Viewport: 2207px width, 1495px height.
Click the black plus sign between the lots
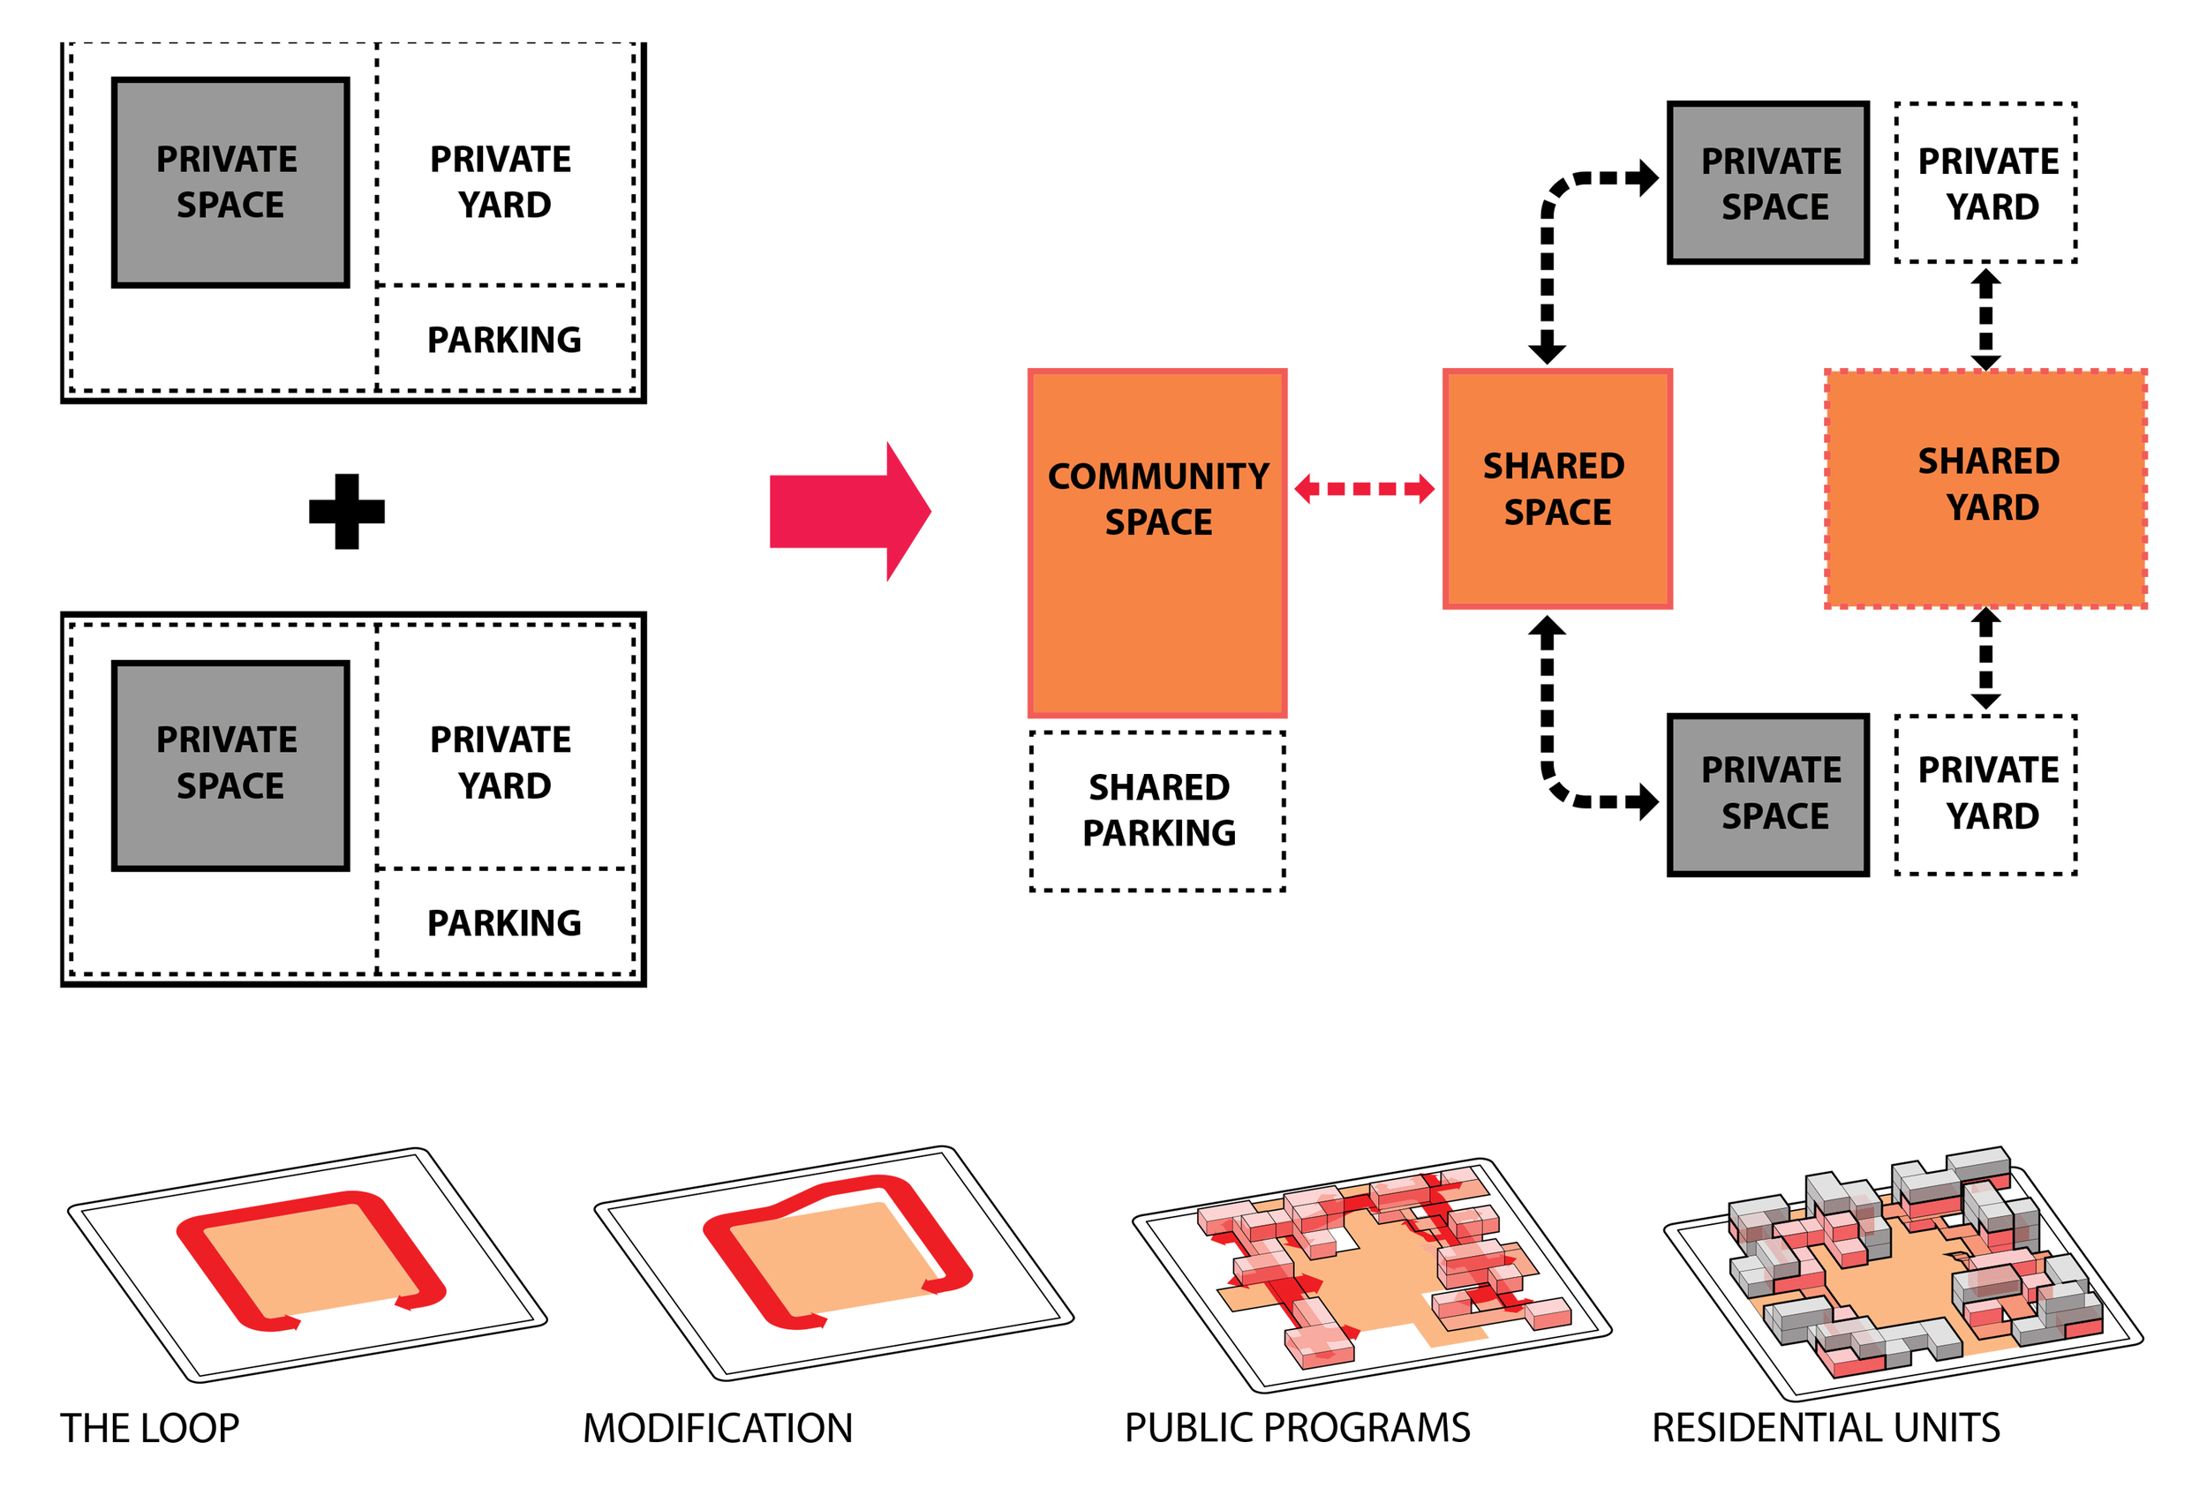[347, 512]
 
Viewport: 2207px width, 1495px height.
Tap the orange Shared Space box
[1556, 489]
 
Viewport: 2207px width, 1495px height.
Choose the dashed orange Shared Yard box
[1985, 489]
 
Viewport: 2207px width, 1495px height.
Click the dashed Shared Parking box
[1156, 811]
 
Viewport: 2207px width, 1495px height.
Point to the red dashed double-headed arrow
[1364, 489]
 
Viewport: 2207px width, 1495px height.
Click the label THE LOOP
[150, 1429]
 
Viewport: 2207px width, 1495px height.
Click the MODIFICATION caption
[717, 1429]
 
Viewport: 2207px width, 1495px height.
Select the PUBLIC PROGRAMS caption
[1296, 1429]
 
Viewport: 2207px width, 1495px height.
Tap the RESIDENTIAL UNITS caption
[1826, 1429]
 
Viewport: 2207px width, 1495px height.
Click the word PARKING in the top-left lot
[503, 340]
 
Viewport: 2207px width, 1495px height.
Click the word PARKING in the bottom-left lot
[503, 922]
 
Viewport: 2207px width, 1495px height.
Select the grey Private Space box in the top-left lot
[230, 183]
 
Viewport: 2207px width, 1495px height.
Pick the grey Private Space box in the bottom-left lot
[230, 765]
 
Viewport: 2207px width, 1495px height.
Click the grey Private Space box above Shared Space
[1767, 183]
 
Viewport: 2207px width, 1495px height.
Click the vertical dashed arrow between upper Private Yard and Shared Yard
[1985, 318]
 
